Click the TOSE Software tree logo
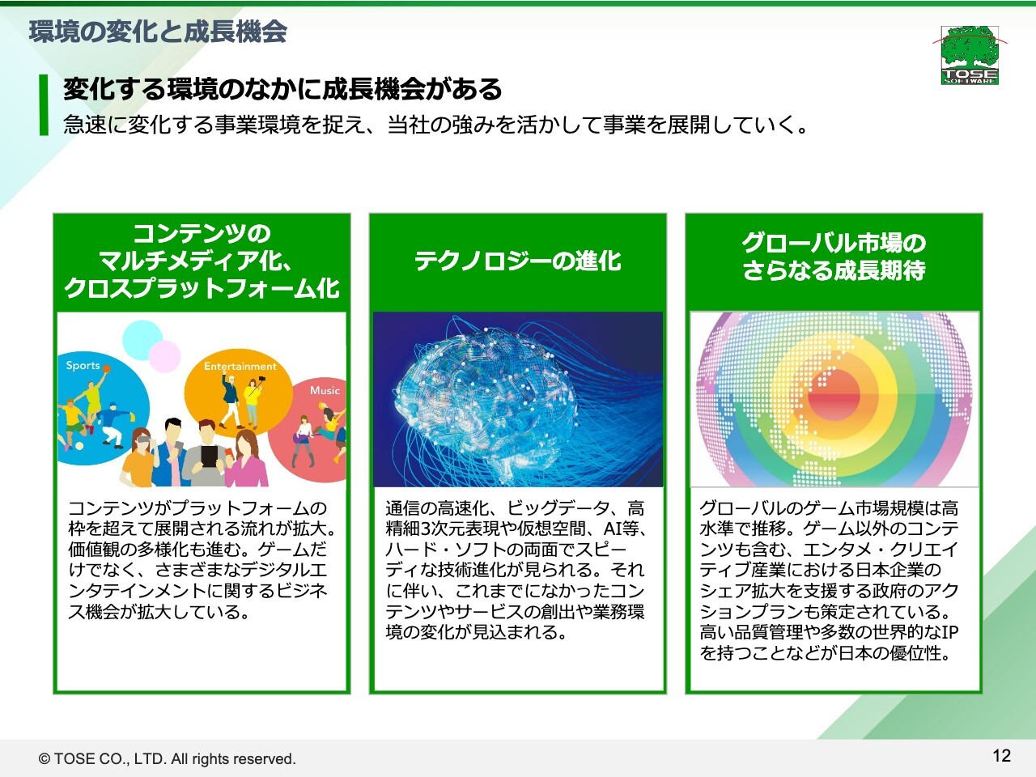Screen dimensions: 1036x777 970,55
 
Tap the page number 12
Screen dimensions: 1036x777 1001,756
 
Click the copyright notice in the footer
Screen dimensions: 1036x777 167,758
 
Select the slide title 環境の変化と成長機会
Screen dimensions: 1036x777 158,32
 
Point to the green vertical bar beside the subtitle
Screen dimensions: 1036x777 44,104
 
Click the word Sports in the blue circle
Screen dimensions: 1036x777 83,365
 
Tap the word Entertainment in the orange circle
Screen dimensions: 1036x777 240,366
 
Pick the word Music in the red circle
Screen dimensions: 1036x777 325,390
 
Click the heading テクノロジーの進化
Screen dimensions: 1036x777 518,261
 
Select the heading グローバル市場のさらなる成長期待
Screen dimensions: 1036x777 834,257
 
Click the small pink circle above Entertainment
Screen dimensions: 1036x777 165,356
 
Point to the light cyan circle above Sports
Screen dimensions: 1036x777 142,340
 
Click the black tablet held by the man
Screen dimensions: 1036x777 208,456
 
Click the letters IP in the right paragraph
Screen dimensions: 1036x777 949,631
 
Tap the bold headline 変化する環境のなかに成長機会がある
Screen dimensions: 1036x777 282,89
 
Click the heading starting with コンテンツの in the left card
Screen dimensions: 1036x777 202,261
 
